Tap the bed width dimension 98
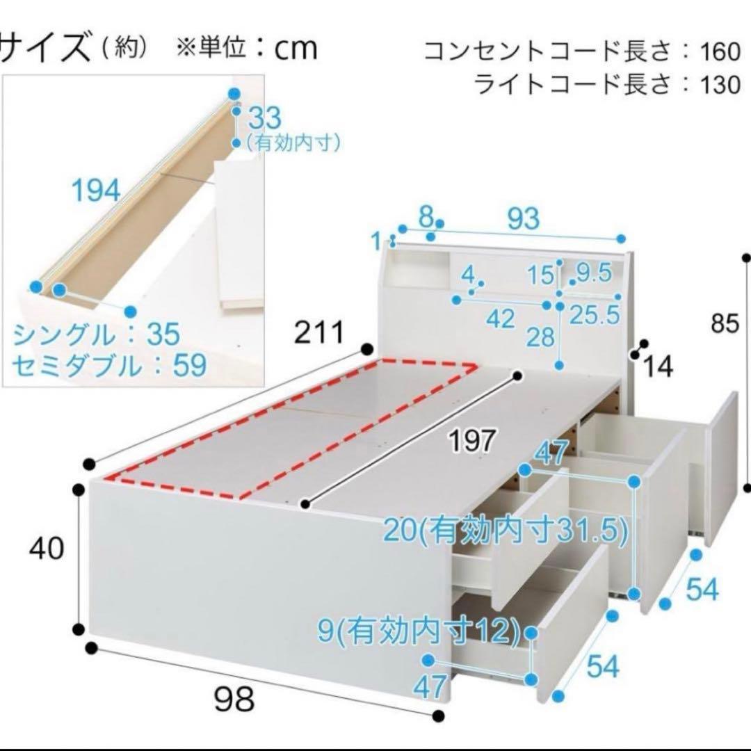tap(234, 698)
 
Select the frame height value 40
tap(47, 549)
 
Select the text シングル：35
tap(97, 336)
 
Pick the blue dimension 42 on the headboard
tap(501, 319)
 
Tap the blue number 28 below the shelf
tap(540, 339)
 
